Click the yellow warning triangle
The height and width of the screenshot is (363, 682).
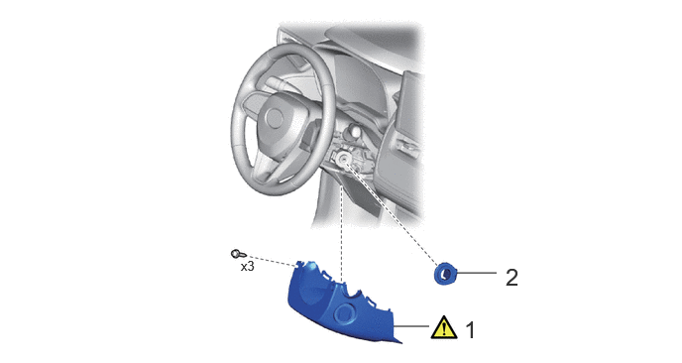[444, 328]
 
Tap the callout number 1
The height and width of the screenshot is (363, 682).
[470, 330]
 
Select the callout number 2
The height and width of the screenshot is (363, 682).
[511, 278]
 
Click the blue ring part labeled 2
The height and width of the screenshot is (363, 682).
[444, 275]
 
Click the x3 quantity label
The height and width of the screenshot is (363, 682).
[248, 267]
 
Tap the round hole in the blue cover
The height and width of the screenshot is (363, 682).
[346, 312]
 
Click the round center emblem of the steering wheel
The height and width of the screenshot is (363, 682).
[275, 117]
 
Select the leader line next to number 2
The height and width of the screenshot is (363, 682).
[476, 273]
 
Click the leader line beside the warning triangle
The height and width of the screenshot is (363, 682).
[411, 325]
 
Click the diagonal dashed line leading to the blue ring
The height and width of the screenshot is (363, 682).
[393, 212]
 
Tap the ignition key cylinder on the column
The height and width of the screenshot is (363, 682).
[343, 160]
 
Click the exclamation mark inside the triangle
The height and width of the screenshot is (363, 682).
[444, 329]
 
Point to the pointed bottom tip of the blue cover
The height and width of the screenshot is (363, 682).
[400, 341]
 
